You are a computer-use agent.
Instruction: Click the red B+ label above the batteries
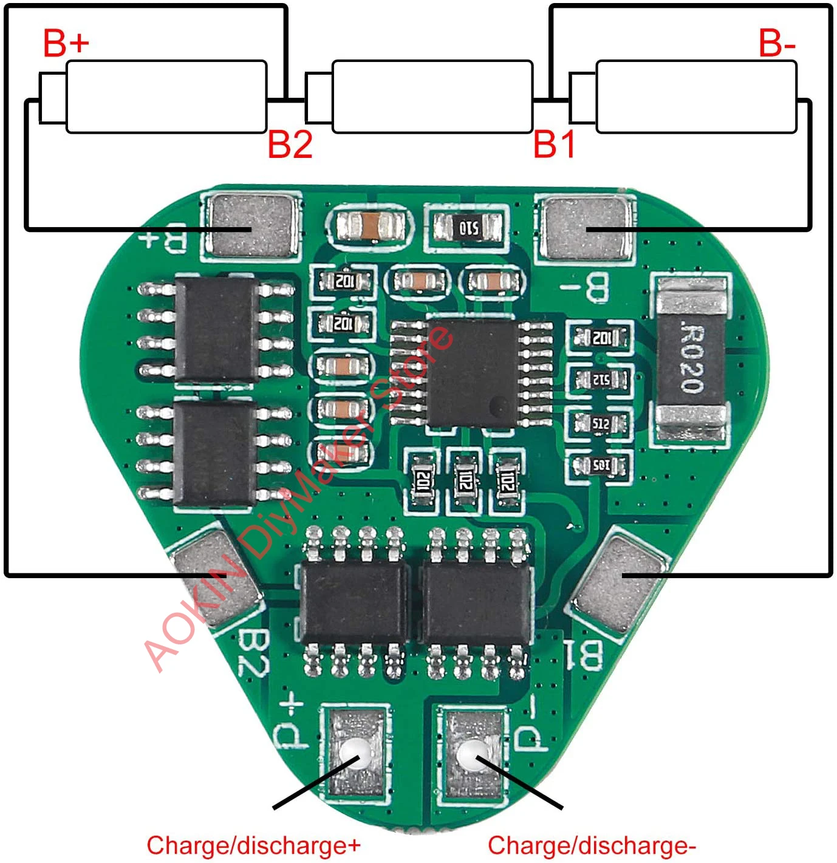pyautogui.click(x=66, y=43)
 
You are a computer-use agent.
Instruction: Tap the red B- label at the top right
pyautogui.click(x=777, y=43)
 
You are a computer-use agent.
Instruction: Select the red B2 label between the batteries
pyautogui.click(x=290, y=145)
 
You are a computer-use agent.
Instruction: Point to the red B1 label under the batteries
pyautogui.click(x=554, y=145)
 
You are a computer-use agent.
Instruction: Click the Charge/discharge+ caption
pyautogui.click(x=253, y=845)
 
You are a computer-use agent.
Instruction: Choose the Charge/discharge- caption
pyautogui.click(x=592, y=845)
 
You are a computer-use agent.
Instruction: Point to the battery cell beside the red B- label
pyautogui.click(x=695, y=97)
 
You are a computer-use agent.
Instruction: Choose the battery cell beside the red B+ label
pyautogui.click(x=165, y=97)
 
